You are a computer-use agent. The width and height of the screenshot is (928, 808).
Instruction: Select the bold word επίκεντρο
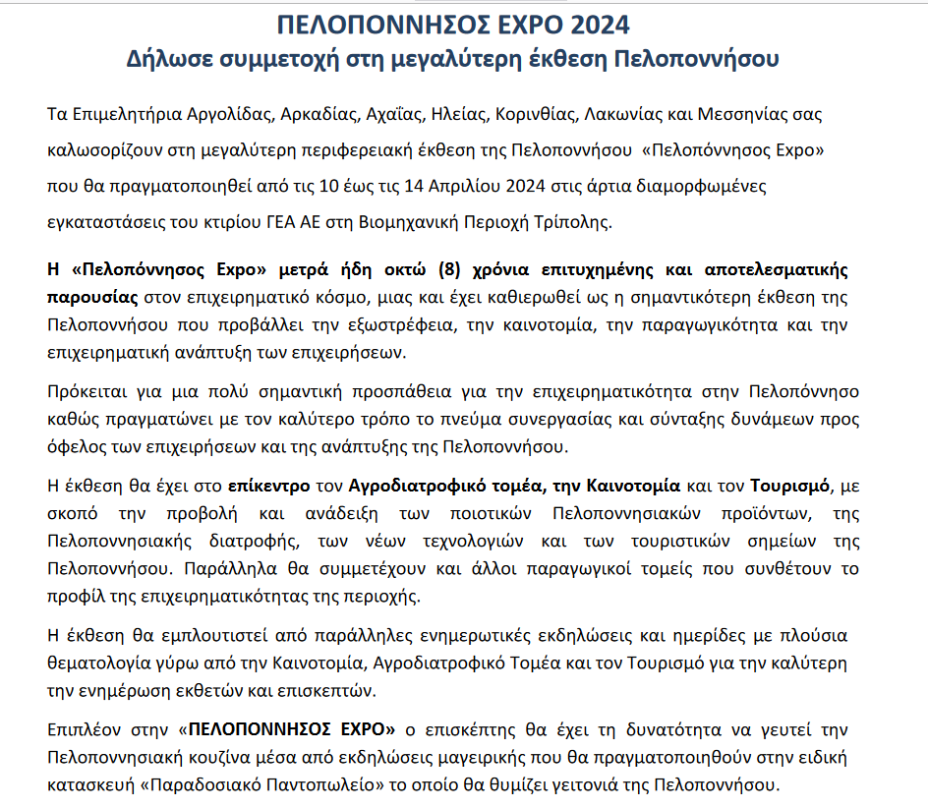coord(267,486)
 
